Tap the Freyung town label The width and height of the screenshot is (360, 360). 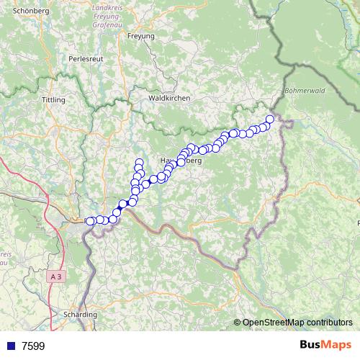(x=140, y=35)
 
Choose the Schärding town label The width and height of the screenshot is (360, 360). (x=80, y=315)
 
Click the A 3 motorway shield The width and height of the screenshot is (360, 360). (x=57, y=276)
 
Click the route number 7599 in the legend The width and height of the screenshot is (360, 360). (x=33, y=346)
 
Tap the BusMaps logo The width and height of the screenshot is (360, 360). (x=325, y=345)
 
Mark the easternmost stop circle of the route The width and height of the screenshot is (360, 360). (x=270, y=119)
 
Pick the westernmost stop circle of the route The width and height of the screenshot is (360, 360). (x=90, y=221)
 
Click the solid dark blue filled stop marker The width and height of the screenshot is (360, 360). (x=122, y=204)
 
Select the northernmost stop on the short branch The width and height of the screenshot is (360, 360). (x=139, y=162)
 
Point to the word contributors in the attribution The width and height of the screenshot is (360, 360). (x=325, y=323)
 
